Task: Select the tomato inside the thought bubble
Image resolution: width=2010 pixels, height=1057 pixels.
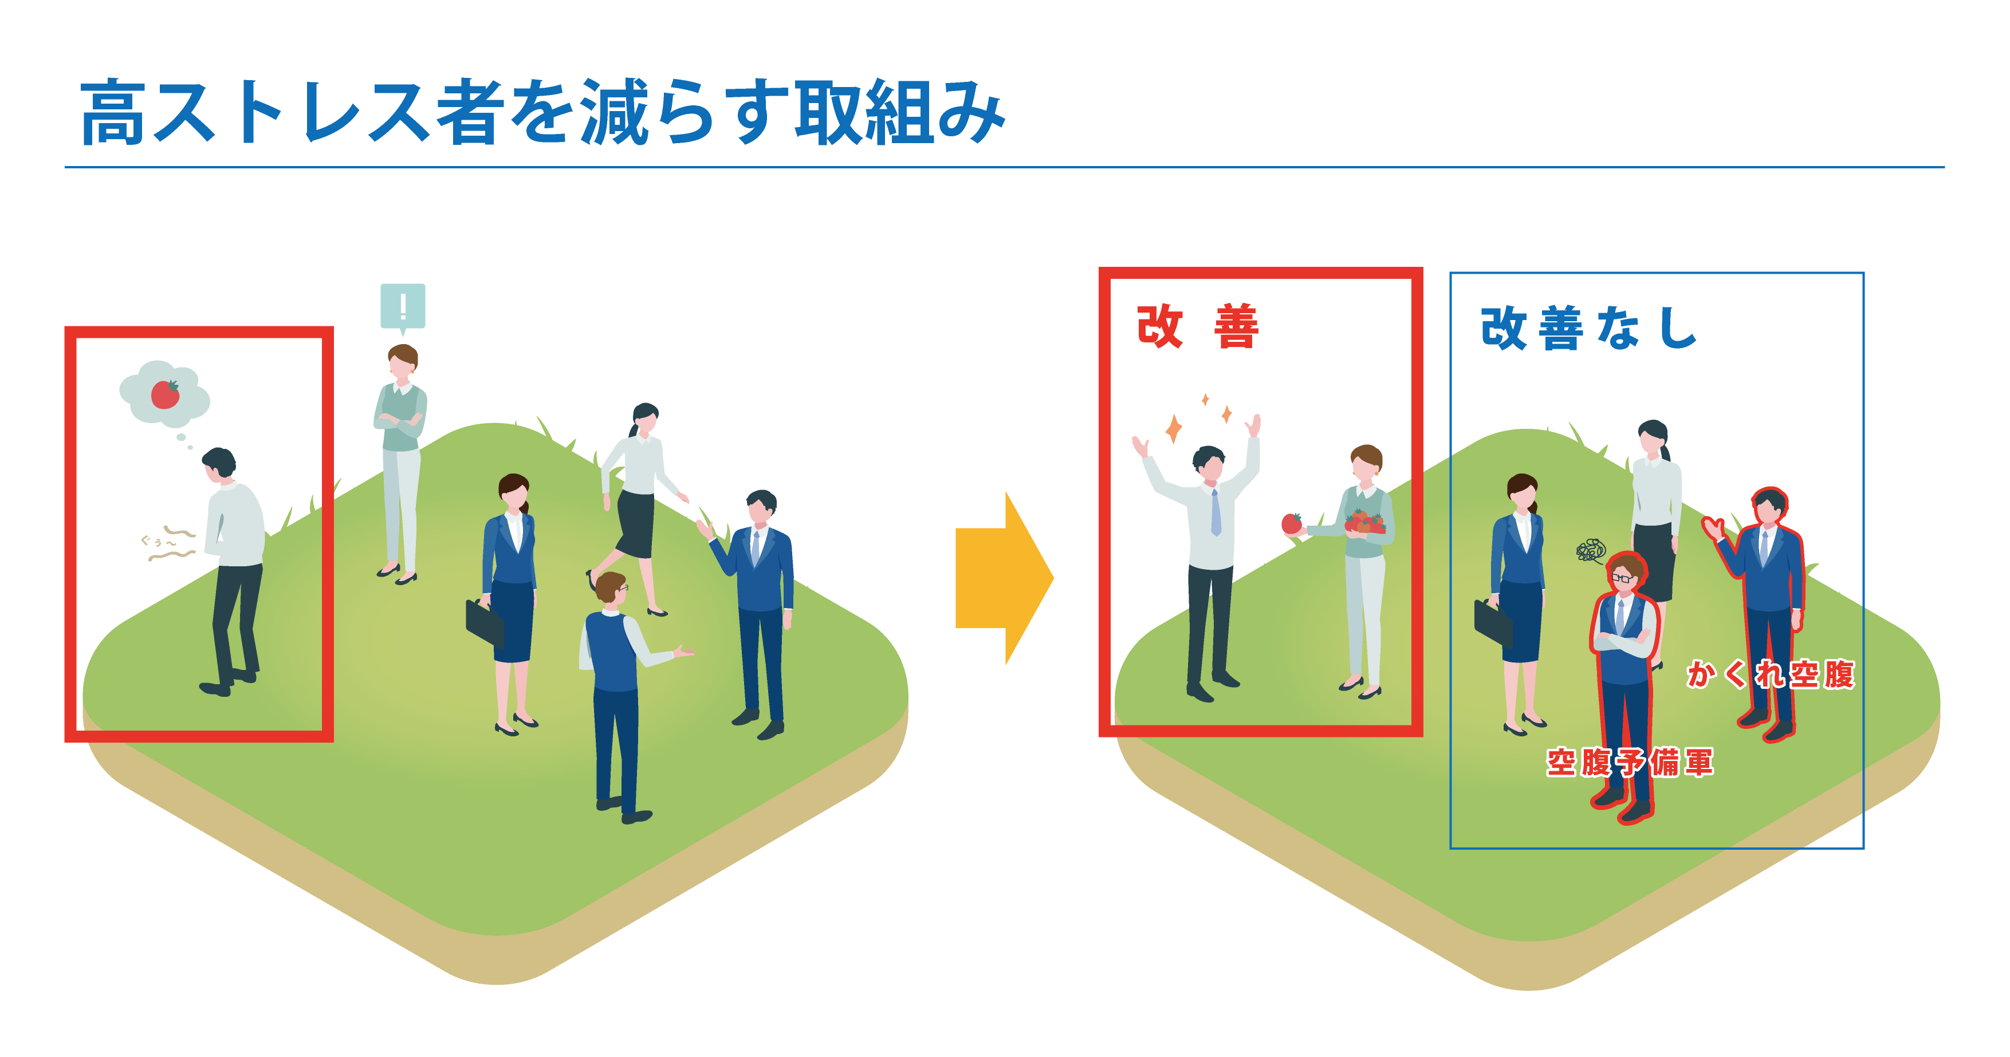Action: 164,394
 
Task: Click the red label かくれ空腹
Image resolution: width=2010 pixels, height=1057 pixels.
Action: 1769,674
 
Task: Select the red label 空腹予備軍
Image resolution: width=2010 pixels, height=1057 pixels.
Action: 1629,762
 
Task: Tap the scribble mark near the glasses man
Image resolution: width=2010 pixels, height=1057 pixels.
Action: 1590,551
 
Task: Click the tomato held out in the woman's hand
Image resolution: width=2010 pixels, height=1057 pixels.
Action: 1291,523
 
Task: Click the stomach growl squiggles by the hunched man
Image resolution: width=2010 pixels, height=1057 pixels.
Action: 172,544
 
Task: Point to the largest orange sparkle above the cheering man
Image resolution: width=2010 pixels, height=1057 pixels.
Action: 1173,428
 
